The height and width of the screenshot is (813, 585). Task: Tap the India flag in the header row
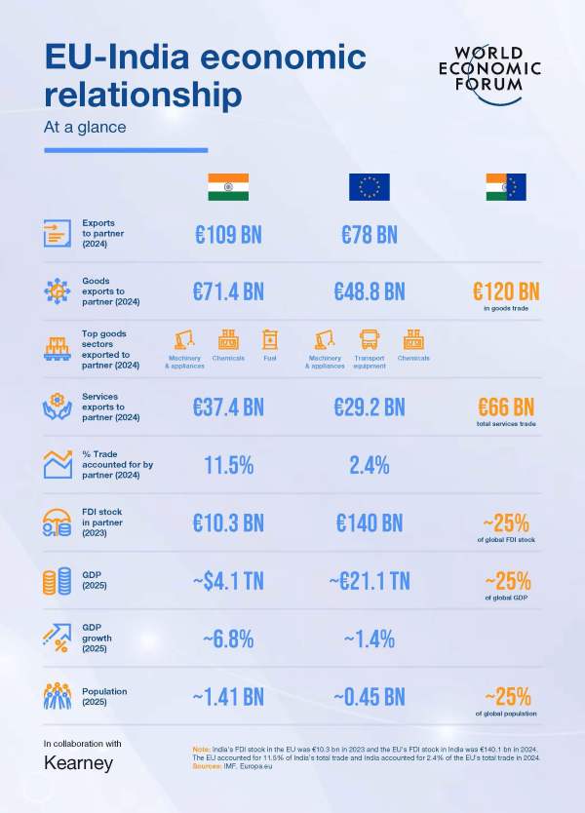point(228,187)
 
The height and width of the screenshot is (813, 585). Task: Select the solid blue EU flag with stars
point(370,187)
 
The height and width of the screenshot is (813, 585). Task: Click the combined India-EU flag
point(507,187)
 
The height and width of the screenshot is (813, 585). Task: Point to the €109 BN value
point(228,235)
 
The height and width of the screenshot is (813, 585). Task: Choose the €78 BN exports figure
point(370,235)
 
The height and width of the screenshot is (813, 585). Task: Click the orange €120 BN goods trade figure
point(507,290)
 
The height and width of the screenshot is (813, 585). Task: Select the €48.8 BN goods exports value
point(370,290)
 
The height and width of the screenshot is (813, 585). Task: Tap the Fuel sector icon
point(270,340)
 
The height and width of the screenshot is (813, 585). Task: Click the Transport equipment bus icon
point(370,340)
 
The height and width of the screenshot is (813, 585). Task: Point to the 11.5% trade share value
point(228,465)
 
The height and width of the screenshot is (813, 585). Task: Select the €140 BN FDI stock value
point(370,523)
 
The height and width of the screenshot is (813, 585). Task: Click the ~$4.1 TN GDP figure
point(228,582)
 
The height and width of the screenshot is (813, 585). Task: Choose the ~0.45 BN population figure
point(370,697)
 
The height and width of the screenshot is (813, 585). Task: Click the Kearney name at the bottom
point(79,763)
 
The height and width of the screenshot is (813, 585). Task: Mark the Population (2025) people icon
point(58,696)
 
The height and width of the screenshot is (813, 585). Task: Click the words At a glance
point(85,127)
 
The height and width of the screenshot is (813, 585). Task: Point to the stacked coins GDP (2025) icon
point(58,582)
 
